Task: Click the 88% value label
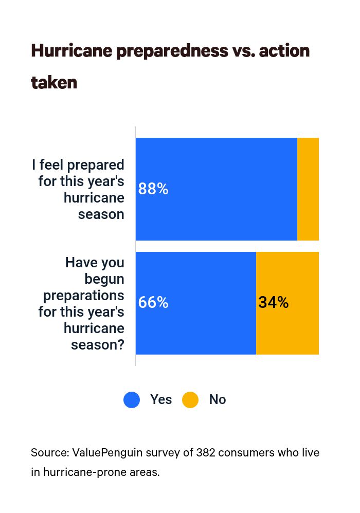click(153, 189)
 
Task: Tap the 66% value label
click(153, 303)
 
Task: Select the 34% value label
click(273, 303)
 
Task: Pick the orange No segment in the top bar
click(308, 189)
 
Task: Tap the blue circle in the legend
click(132, 400)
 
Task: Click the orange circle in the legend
click(190, 400)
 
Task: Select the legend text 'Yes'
click(161, 400)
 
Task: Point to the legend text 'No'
click(217, 400)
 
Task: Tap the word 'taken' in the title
click(54, 82)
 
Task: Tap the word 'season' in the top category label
click(101, 214)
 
